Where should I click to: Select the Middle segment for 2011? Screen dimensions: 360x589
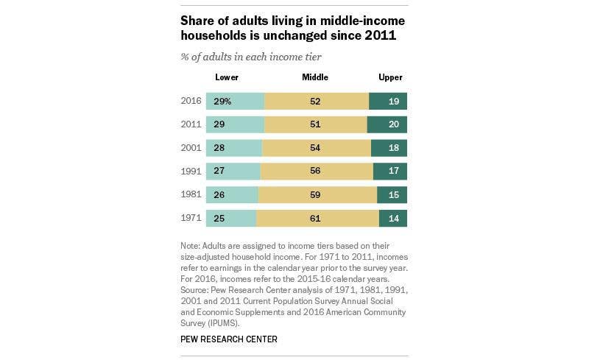[316, 124]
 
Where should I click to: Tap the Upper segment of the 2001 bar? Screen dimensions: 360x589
[389, 148]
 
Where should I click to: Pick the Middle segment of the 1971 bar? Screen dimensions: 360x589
[317, 219]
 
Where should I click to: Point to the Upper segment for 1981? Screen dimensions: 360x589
[392, 195]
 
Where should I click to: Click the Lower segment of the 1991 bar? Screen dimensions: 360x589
[233, 172]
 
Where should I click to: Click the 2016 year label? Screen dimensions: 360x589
[191, 101]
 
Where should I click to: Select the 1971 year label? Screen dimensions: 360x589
[191, 219]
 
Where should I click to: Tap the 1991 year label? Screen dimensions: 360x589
[191, 172]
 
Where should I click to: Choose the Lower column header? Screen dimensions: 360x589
[227, 77]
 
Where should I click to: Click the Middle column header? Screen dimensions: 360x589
[315, 77]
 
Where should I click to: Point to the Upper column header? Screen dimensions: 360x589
[390, 77]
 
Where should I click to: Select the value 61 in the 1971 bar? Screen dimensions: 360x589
[315, 219]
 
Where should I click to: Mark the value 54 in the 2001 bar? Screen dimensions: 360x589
[315, 148]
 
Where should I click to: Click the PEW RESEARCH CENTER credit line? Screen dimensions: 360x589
[229, 339]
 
